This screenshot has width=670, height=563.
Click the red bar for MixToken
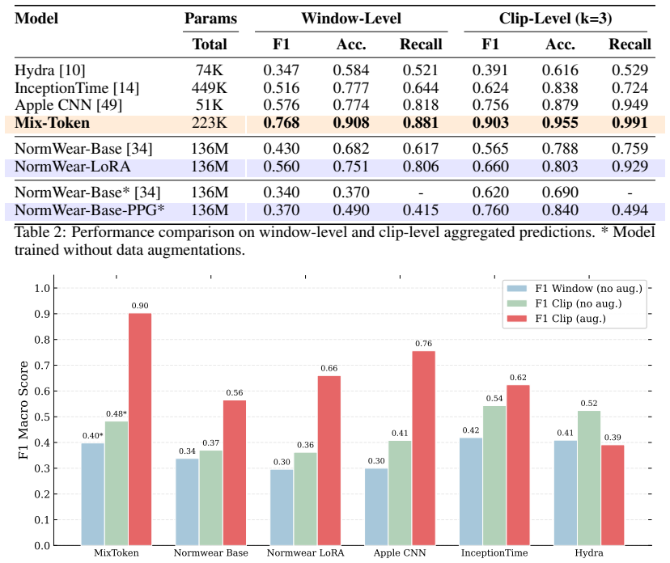pyautogui.click(x=140, y=430)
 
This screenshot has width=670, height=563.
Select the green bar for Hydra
pyautogui.click(x=589, y=478)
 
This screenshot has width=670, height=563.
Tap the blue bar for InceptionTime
pyautogui.click(x=471, y=492)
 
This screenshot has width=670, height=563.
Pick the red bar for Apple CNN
pyautogui.click(x=423, y=448)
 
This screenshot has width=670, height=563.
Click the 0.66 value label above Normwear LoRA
pyautogui.click(x=329, y=368)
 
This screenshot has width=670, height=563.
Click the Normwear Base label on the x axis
pyautogui.click(x=210, y=552)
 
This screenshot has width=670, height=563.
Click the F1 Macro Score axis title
pyautogui.click(x=23, y=410)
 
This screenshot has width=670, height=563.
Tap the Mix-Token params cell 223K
pyautogui.click(x=210, y=123)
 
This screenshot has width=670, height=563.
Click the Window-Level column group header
pyautogui.click(x=351, y=19)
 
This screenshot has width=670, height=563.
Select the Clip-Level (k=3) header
pyautogui.click(x=555, y=19)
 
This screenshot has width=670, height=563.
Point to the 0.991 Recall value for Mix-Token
pyautogui.click(x=630, y=123)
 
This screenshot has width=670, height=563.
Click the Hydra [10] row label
pyautogui.click(x=50, y=70)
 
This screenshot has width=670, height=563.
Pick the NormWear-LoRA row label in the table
pyautogui.click(x=72, y=167)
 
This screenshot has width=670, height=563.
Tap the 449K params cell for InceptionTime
pyautogui.click(x=210, y=88)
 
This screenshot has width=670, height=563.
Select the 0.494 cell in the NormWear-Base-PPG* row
pyautogui.click(x=630, y=210)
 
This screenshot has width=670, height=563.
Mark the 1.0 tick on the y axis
pyautogui.click(x=42, y=288)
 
